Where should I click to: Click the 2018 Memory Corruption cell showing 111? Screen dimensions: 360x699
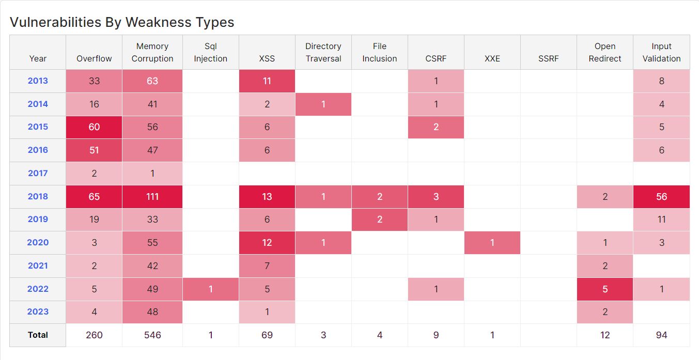coord(152,196)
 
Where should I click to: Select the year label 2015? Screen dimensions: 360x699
coord(38,127)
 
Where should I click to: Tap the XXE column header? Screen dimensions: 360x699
coord(492,58)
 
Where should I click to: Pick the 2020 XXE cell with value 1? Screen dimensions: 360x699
coord(492,243)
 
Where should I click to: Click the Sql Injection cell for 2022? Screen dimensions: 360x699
coord(211,289)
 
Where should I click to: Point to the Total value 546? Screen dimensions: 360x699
coord(152,335)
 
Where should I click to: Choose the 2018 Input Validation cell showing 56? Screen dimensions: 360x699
coord(661,196)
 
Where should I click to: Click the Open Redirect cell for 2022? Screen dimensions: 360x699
coord(604,289)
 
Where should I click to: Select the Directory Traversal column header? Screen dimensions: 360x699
coord(323,52)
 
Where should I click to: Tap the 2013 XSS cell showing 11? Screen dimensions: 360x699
coord(267,81)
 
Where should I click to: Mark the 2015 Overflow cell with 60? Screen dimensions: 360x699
coord(94,127)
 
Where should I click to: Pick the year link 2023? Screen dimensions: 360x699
coord(38,312)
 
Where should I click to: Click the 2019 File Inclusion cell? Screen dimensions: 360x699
coord(379,220)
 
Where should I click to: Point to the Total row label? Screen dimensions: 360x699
coord(38,335)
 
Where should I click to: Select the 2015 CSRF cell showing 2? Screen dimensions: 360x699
coord(436,127)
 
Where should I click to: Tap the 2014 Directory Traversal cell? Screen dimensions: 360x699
coord(323,104)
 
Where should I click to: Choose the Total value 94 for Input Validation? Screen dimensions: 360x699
coord(661,335)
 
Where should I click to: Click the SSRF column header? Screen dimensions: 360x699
coord(548,58)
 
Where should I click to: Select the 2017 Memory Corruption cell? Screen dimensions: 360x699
coord(152,174)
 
